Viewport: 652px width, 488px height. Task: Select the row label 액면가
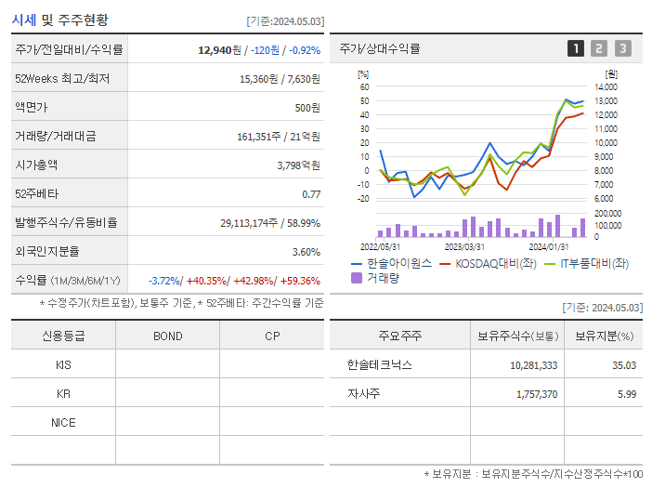tap(33, 108)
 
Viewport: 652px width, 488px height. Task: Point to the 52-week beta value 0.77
tap(311, 194)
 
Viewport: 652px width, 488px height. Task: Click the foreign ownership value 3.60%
tap(306, 252)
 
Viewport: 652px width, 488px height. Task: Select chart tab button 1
tap(576, 48)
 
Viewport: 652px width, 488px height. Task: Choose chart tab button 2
tap(599, 48)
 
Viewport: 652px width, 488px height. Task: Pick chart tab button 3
tap(622, 48)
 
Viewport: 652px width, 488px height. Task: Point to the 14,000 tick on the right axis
tap(605, 87)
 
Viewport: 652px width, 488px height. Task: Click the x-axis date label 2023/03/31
tap(464, 246)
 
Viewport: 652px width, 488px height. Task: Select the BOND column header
tap(167, 336)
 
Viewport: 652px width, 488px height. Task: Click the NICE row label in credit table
tap(63, 422)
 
